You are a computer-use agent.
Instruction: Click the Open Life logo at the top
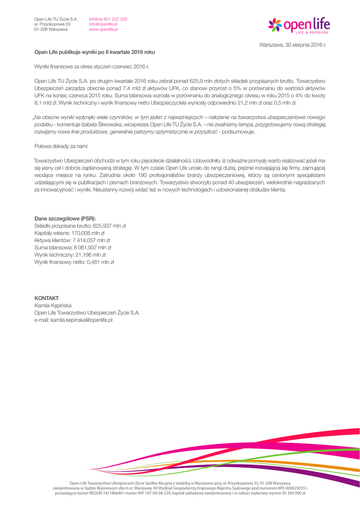tap(299, 24)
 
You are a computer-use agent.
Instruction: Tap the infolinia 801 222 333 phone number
tap(108, 19)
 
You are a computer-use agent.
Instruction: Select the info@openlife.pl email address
tap(103, 24)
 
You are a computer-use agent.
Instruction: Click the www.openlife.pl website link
tap(103, 29)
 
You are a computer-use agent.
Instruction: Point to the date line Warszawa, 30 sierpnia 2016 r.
tap(293, 45)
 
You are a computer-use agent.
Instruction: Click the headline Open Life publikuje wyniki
tap(94, 52)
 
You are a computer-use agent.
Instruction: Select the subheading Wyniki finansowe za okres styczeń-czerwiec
tap(91, 66)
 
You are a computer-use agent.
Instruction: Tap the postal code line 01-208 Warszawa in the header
tap(51, 29)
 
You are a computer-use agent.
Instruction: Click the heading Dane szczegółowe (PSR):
tap(65, 218)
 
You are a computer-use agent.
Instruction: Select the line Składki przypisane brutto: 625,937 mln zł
tap(80, 226)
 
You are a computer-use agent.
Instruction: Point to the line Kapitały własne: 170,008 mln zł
tap(70, 233)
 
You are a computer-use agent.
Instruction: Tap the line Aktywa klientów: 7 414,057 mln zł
tap(72, 240)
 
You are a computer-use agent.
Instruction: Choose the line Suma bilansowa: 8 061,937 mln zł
tap(72, 247)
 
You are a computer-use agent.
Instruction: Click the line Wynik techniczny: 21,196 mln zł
tap(70, 254)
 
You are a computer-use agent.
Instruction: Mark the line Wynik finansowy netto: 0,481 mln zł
tap(74, 261)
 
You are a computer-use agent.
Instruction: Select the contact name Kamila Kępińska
tap(53, 306)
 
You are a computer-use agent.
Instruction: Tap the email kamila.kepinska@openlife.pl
tap(73, 320)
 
